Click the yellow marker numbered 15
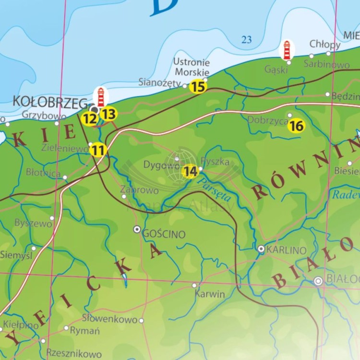pyautogui.click(x=198, y=87)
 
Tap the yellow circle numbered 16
pyautogui.click(x=297, y=126)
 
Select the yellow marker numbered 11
pyautogui.click(x=98, y=150)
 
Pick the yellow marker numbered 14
pyautogui.click(x=191, y=171)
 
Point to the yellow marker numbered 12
pyautogui.click(x=89, y=119)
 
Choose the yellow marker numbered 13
pyautogui.click(x=109, y=114)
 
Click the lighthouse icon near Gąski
pyautogui.click(x=287, y=50)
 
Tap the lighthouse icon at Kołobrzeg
pyautogui.click(x=101, y=97)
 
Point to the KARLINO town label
pyautogui.click(x=286, y=250)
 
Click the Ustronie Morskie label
pyautogui.click(x=192, y=67)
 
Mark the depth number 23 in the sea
pyautogui.click(x=247, y=40)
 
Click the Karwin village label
pyautogui.click(x=210, y=294)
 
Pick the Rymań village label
pyautogui.click(x=85, y=331)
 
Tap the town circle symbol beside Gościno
pyautogui.click(x=137, y=229)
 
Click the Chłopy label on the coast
pyautogui.click(x=325, y=44)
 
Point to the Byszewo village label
pyautogui.click(x=33, y=223)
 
